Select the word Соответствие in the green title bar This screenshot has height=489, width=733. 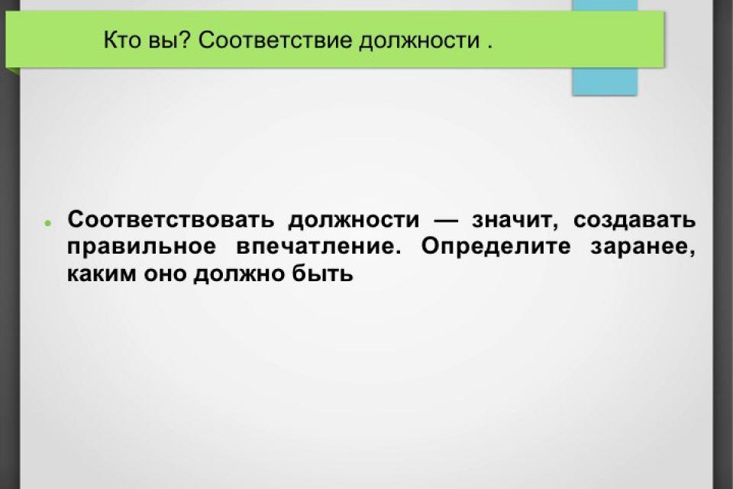point(275,40)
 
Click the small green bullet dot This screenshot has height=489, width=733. point(47,224)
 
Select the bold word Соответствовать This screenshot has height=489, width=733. point(170,219)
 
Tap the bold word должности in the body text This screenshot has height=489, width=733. point(354,220)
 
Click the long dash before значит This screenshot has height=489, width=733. point(446,220)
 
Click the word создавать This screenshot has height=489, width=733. point(635,220)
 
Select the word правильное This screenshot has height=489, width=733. point(142,247)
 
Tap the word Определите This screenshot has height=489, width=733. point(496,247)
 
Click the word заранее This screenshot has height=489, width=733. point(643,247)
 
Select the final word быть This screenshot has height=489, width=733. point(322,274)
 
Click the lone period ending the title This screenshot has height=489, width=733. point(489,47)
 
